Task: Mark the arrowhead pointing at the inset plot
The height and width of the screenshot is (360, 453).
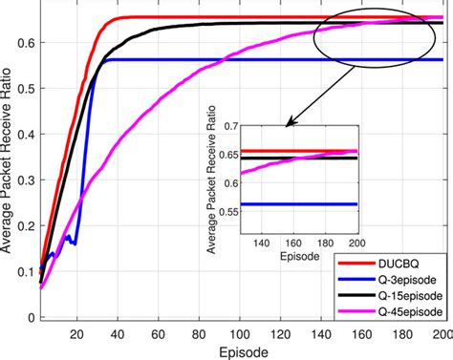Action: (x=288, y=122)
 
